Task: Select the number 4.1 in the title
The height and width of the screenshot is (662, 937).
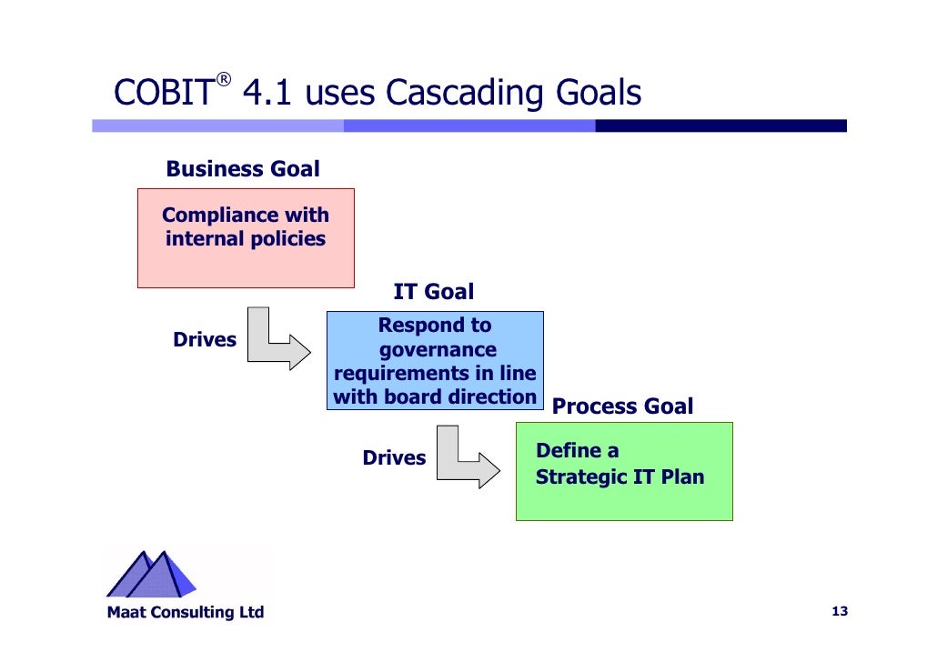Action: click(x=268, y=93)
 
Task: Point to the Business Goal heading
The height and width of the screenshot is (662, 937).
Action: click(x=243, y=169)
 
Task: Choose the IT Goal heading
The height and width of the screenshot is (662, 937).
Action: click(x=433, y=292)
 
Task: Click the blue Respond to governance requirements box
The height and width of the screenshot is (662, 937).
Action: click(x=435, y=360)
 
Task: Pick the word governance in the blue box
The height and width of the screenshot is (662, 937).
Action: click(x=438, y=350)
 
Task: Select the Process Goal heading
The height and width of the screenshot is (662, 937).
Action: click(x=622, y=406)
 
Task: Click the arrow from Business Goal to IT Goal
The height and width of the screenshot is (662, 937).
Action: click(x=277, y=340)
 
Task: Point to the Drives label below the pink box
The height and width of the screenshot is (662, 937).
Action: click(x=205, y=340)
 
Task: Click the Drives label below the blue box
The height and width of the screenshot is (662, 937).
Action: click(x=394, y=458)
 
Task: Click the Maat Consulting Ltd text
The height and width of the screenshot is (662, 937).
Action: click(x=186, y=612)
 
